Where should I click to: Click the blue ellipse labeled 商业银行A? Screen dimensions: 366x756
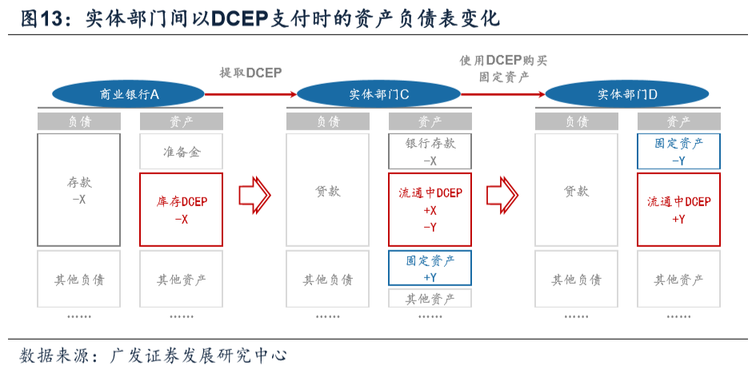click(x=129, y=94)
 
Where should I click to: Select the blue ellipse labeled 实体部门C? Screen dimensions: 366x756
click(x=378, y=94)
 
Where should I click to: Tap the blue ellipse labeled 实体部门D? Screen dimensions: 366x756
click(x=627, y=94)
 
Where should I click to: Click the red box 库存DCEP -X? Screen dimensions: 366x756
click(x=181, y=209)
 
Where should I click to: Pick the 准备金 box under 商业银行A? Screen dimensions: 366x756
click(x=181, y=152)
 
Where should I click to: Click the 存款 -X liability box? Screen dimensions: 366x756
click(x=78, y=190)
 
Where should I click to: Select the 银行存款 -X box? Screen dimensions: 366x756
click(x=430, y=151)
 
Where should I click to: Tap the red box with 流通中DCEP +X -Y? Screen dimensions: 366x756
click(x=430, y=209)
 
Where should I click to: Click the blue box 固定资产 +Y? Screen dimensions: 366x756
click(x=430, y=268)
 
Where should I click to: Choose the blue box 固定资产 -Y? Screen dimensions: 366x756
click(x=678, y=151)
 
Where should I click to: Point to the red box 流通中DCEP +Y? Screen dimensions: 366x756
click(x=678, y=209)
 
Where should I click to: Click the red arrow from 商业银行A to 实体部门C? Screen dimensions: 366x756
click(x=250, y=94)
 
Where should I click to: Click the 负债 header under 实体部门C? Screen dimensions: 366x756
click(x=327, y=121)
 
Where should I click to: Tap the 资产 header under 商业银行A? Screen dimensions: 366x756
click(x=181, y=121)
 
